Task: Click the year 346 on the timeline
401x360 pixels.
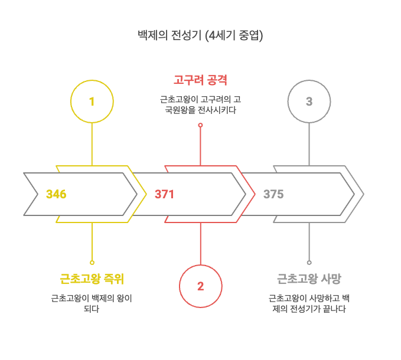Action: click(x=56, y=194)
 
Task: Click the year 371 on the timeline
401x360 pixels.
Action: click(x=164, y=194)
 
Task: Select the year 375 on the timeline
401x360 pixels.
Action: click(x=273, y=194)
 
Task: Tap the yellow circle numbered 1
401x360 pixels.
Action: click(x=92, y=102)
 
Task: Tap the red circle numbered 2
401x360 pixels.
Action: click(x=200, y=286)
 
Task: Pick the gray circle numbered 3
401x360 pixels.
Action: click(x=309, y=102)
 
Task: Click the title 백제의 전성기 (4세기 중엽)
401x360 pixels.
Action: click(x=200, y=35)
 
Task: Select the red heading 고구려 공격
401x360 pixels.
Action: click(x=200, y=80)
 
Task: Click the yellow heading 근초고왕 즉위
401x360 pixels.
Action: click(x=92, y=279)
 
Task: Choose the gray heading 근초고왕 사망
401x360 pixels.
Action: click(x=309, y=279)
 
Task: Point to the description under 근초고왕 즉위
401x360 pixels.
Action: click(x=92, y=303)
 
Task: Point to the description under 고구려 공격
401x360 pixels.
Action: click(x=200, y=104)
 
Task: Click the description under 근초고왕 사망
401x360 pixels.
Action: click(x=309, y=303)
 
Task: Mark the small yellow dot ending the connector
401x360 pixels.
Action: click(x=92, y=262)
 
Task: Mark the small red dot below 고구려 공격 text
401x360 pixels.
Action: click(x=200, y=125)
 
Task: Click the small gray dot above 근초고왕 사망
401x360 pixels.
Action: click(x=309, y=262)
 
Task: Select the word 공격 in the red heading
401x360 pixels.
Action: click(x=216, y=80)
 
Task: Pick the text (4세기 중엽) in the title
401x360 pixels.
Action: click(x=234, y=35)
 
